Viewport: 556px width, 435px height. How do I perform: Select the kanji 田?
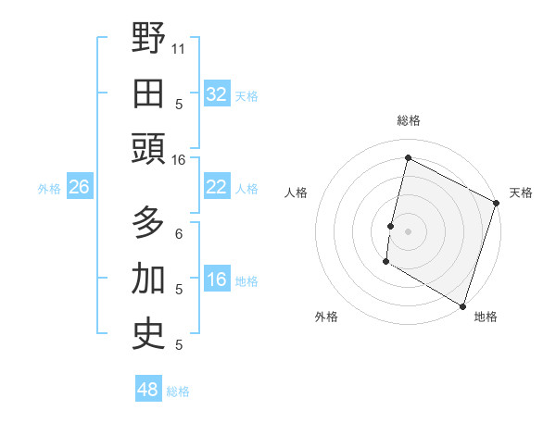coord(149,93)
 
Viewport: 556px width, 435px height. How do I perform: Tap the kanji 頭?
coord(149,149)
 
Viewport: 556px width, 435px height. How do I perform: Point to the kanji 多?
coord(149,225)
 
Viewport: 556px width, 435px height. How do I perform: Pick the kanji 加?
coord(149,280)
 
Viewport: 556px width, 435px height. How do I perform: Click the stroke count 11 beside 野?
coord(180,47)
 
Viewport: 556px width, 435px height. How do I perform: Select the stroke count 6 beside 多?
coord(179,234)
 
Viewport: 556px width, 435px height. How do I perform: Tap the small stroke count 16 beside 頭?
coord(180,159)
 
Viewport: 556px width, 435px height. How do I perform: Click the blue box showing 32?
coord(216,93)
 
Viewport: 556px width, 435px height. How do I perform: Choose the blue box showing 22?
coord(216,187)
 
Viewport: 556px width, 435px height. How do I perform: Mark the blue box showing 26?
coord(79,187)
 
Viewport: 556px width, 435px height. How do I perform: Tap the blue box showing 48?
coord(147,390)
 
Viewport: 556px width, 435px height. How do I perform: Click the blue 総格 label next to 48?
coord(178,391)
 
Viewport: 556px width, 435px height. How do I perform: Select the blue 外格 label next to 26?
coord(49,189)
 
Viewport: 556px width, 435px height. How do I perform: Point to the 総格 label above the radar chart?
coord(409,120)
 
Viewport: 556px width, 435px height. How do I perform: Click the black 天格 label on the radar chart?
coord(521,193)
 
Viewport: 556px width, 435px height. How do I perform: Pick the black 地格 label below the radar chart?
coord(486,317)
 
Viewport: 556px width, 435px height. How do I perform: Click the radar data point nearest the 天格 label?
coord(497,203)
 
